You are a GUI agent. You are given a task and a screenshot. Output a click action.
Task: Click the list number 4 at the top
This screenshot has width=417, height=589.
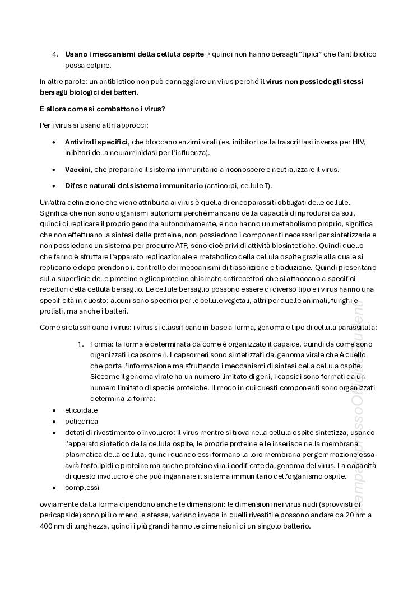(x=55, y=54)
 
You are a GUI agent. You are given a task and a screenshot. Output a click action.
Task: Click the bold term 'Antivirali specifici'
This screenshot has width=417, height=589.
(x=96, y=142)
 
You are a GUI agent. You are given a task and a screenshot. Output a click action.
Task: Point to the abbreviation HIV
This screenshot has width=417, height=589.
(x=359, y=142)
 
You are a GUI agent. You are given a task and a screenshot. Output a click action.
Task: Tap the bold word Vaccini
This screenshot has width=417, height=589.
(x=78, y=169)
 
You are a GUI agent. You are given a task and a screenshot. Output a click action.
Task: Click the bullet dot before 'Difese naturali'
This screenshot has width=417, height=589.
(x=53, y=185)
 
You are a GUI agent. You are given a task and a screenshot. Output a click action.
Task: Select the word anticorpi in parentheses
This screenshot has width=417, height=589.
(x=225, y=185)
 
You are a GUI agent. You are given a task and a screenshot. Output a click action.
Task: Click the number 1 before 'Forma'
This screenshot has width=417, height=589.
(x=80, y=344)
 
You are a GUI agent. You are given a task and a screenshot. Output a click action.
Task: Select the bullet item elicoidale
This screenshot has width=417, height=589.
(x=81, y=410)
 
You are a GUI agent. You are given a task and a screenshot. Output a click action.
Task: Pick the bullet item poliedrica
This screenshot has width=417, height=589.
(x=81, y=421)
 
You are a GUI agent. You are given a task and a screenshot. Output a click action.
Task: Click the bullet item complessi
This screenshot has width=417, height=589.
(x=82, y=487)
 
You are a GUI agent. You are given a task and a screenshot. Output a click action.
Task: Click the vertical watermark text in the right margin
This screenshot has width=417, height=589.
(x=357, y=403)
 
